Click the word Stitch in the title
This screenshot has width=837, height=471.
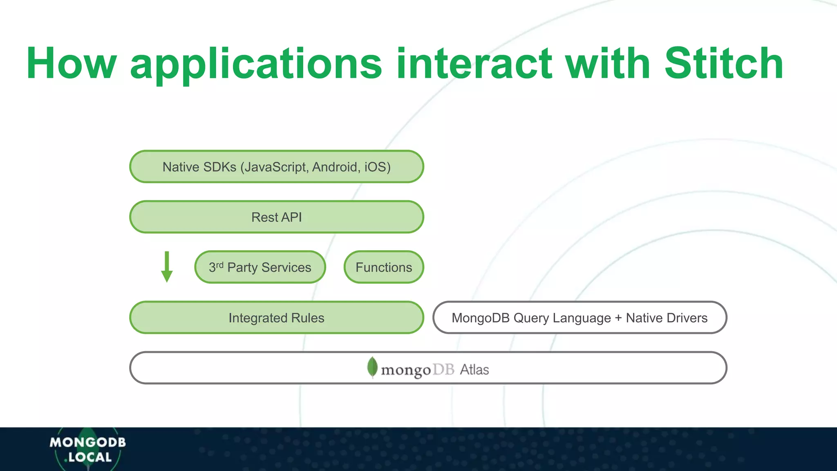pos(723,63)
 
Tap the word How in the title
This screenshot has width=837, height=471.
pos(72,63)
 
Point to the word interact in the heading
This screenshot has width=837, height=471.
pos(474,63)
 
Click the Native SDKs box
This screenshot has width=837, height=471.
pos(276,167)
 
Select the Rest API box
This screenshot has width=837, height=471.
pos(276,217)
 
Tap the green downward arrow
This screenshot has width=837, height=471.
pos(167,267)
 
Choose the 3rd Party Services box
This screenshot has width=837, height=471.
pos(260,267)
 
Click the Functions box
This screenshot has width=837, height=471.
pos(383,267)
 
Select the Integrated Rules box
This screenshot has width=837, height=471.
pos(276,318)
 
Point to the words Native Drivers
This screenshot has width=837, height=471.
pos(667,318)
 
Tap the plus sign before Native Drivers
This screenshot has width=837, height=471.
pos(618,318)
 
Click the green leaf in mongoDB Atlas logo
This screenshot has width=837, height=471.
pos(372,367)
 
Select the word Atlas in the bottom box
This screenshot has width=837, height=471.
pos(474,370)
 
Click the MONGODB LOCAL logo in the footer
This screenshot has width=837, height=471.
pos(87,449)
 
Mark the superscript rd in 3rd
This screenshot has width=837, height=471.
pos(219,265)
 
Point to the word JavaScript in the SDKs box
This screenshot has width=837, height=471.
pos(275,167)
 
